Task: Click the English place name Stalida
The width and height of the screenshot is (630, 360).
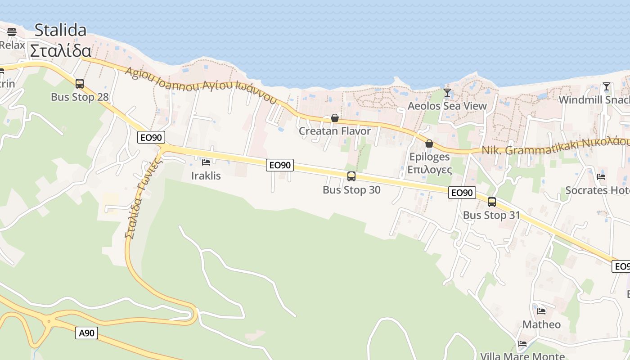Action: point(60,30)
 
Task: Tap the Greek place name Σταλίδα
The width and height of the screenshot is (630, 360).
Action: point(60,50)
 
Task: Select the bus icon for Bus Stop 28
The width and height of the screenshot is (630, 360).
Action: point(80,84)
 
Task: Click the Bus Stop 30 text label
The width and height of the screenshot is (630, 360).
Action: point(351,190)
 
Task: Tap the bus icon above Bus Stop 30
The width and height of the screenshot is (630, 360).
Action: point(351,176)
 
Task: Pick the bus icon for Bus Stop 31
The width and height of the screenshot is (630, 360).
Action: point(492,202)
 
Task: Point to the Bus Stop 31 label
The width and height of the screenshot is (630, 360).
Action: point(491,216)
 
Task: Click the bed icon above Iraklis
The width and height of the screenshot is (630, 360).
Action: point(206,162)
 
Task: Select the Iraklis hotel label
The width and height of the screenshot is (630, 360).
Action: point(206,175)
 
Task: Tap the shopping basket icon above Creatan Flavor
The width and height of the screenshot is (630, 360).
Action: point(335,118)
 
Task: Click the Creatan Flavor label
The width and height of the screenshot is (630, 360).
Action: point(335,131)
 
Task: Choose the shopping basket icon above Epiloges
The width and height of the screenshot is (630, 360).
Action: point(429,144)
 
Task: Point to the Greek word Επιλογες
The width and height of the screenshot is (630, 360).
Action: point(429,170)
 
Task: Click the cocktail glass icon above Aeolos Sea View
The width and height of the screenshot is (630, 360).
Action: point(447,93)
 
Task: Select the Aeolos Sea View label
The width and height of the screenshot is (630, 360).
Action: point(447,106)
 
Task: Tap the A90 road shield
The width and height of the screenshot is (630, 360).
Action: point(86,333)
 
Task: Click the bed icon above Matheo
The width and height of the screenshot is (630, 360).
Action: point(541,311)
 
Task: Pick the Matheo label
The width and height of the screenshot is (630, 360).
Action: point(541,324)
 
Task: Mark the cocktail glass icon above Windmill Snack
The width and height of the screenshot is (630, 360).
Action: point(607,86)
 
